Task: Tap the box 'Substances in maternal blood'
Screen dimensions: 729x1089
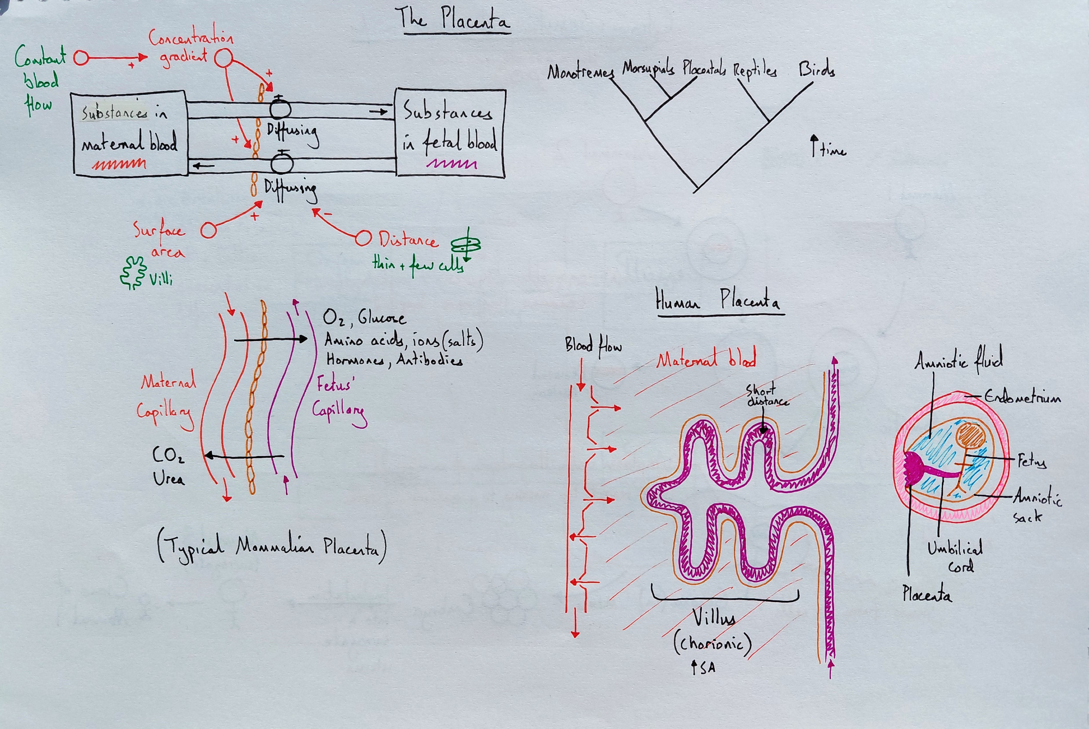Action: click(130, 133)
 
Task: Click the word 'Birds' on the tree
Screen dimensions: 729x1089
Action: click(817, 70)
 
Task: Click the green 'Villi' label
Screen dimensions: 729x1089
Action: click(161, 280)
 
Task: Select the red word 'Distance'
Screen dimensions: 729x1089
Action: click(408, 240)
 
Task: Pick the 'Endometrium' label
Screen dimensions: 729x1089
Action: click(1023, 397)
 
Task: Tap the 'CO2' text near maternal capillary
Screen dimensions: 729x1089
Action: click(168, 455)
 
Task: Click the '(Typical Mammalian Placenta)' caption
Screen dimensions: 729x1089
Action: click(272, 546)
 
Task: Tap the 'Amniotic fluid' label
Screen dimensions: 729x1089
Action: click(958, 360)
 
